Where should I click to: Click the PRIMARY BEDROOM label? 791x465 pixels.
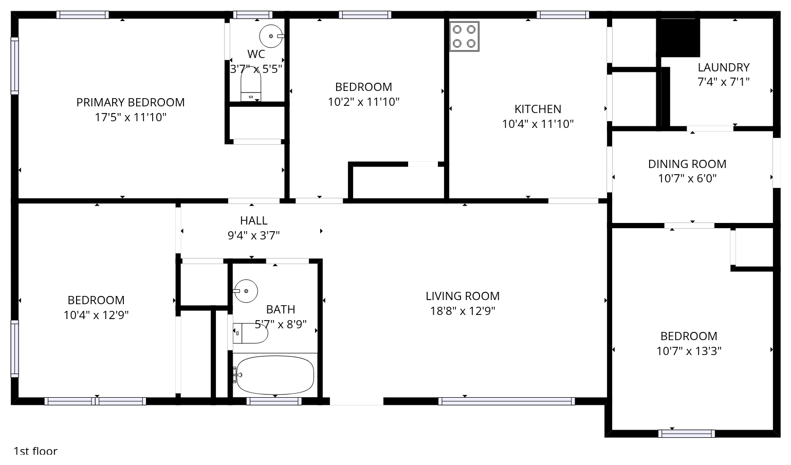131,102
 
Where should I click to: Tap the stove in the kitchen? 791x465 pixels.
464,36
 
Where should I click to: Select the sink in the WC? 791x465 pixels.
271,36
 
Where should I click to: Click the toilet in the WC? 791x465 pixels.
251,84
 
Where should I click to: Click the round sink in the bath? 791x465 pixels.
246,291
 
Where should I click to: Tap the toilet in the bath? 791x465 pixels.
250,333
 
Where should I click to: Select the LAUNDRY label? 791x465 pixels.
724,67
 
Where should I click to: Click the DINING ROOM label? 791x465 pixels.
687,164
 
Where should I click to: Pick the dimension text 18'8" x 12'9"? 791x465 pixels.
463,311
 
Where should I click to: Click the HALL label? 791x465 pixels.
253,220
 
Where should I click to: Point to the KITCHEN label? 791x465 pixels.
538,109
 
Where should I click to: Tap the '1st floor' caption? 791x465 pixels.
35,451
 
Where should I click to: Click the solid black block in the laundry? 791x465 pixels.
680,38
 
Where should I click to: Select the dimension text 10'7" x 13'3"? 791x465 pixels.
689,351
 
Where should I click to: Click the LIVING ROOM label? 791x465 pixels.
463,296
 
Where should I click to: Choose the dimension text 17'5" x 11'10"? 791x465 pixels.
131,117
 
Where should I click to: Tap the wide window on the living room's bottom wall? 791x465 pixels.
506,401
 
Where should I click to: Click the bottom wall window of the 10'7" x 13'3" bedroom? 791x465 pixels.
687,434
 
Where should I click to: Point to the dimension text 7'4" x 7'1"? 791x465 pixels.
724,82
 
